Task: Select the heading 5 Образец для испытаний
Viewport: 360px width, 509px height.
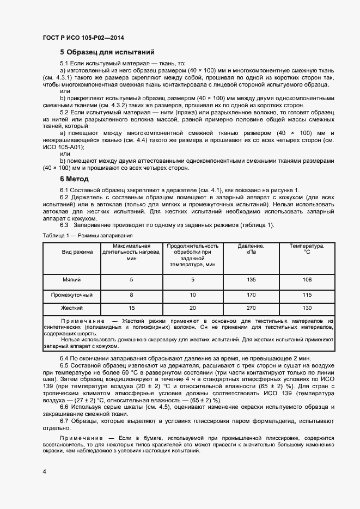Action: click(107, 53)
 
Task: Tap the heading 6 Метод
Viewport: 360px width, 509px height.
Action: click(74, 179)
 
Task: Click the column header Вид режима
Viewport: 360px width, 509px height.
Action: click(77, 252)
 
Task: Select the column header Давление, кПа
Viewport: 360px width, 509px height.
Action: click(251, 249)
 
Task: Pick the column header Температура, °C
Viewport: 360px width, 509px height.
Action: click(307, 249)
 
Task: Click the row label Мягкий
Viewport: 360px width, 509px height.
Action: click(72, 279)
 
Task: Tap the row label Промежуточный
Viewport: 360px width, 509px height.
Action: click(72, 295)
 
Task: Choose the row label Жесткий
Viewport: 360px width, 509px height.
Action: click(72, 308)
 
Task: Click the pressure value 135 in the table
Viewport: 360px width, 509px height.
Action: click(251, 279)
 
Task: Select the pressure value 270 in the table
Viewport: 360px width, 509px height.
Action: click(251, 308)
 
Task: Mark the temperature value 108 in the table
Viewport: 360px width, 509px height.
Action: click(307, 279)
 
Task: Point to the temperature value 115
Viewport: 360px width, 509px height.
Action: click(307, 295)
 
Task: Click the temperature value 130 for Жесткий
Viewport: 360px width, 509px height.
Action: click(307, 308)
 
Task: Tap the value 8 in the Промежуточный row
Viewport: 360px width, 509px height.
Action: click(131, 295)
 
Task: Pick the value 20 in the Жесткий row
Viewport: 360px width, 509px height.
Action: click(193, 308)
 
